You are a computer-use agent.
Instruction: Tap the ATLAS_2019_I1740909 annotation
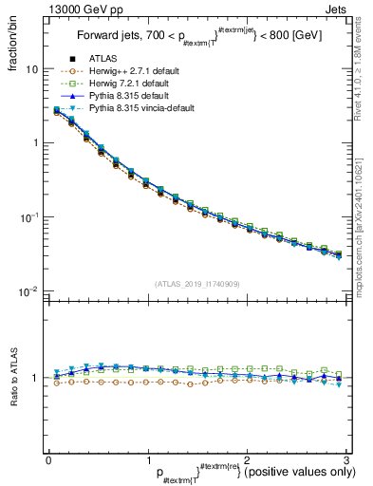click(x=196, y=284)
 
